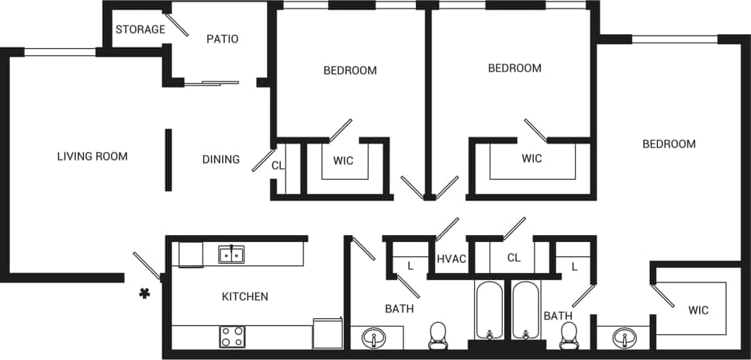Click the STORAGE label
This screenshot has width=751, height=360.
pyautogui.click(x=140, y=29)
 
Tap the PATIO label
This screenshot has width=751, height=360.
pyautogui.click(x=222, y=39)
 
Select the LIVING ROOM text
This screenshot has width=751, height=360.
pyautogui.click(x=92, y=156)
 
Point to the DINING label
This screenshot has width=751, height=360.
pyautogui.click(x=221, y=160)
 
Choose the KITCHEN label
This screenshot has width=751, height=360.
pyautogui.click(x=245, y=296)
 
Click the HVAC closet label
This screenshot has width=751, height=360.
pyautogui.click(x=452, y=258)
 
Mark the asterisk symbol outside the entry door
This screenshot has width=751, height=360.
pyautogui.click(x=144, y=292)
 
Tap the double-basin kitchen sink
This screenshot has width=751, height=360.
pyautogui.click(x=231, y=254)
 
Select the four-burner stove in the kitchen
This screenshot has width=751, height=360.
pyautogui.click(x=232, y=336)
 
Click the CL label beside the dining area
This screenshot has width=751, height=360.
pyautogui.click(x=278, y=165)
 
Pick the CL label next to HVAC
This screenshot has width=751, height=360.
pyautogui.click(x=514, y=257)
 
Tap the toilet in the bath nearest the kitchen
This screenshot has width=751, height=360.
pyautogui.click(x=439, y=336)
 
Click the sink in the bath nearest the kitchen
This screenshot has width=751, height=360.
pyautogui.click(x=375, y=339)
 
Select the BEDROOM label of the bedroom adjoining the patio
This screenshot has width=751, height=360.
pyautogui.click(x=350, y=71)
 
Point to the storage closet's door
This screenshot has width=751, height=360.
pyautogui.click(x=177, y=25)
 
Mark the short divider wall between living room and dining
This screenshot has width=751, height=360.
pyautogui.click(x=168, y=160)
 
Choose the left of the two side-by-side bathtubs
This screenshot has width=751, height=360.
pyautogui.click(x=490, y=310)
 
